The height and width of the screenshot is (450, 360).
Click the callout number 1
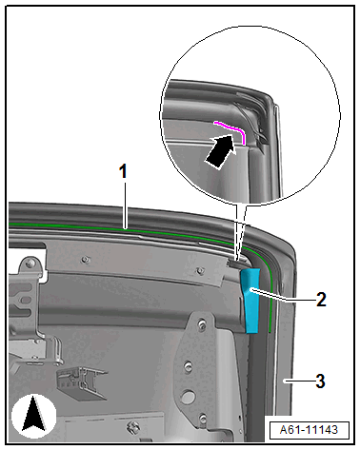click(123, 171)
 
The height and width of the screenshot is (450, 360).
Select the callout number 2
click(321, 299)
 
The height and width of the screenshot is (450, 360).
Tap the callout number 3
click(320, 381)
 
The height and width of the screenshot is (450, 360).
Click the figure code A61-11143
click(309, 430)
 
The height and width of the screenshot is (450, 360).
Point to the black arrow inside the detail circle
click(220, 151)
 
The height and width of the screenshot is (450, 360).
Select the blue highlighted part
click(251, 301)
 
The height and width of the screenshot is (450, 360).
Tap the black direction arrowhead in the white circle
click(33, 415)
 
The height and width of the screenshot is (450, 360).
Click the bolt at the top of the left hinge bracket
click(30, 263)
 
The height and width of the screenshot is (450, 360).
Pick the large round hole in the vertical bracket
click(188, 397)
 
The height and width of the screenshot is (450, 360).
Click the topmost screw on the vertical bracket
click(201, 323)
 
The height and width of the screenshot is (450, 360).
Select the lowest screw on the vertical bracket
click(202, 419)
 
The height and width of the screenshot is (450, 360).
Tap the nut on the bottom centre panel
click(133, 425)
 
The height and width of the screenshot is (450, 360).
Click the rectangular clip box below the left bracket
click(82, 383)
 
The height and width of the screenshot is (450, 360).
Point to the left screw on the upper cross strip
click(85, 260)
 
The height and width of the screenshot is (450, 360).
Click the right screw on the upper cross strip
click(199, 270)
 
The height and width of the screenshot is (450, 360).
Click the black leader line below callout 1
click(126, 205)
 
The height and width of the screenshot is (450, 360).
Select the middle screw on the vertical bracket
click(189, 366)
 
